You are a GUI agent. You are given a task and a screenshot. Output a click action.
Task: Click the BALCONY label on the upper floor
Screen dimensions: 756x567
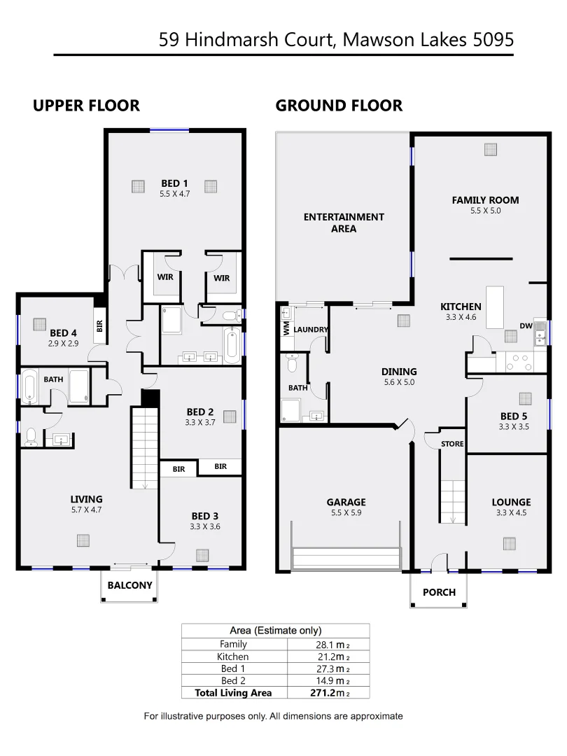tap(129, 585)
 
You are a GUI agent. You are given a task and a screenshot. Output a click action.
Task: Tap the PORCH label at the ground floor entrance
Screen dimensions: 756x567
tap(439, 592)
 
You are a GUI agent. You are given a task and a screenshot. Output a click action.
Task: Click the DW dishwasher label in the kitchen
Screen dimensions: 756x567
tap(526, 325)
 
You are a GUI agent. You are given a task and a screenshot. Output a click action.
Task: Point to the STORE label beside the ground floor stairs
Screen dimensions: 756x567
tap(452, 444)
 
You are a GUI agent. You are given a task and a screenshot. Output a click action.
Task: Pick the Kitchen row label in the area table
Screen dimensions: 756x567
tap(233, 657)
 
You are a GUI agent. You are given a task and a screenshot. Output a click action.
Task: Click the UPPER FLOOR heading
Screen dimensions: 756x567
tap(86, 106)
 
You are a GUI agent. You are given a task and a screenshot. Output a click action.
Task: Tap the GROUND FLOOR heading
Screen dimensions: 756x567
tap(339, 106)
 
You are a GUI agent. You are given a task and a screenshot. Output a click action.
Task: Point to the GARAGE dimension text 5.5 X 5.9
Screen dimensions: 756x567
tap(346, 512)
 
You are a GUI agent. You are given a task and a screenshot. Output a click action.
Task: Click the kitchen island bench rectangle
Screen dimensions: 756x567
tap(495, 307)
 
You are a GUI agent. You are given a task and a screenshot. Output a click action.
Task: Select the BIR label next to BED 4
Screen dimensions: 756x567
tap(100, 325)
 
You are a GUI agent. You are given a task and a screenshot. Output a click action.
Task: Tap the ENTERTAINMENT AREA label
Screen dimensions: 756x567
tap(344, 223)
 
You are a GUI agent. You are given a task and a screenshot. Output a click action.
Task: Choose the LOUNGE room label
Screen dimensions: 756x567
tap(511, 502)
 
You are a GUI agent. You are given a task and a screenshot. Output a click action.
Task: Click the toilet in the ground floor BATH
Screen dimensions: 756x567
tap(293, 363)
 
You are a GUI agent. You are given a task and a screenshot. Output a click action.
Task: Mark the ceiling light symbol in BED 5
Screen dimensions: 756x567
tap(525, 398)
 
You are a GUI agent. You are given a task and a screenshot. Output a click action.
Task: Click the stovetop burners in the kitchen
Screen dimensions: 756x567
tap(519, 363)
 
